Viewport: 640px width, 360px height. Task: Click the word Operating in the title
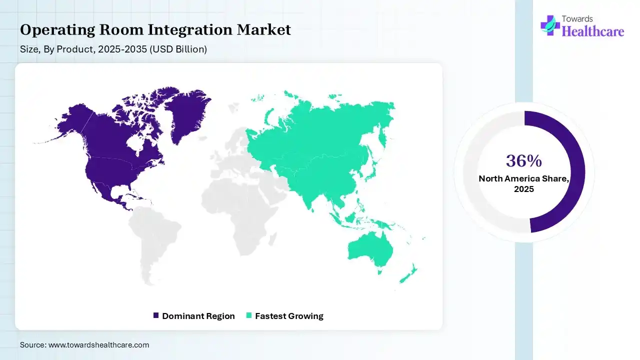(x=57, y=30)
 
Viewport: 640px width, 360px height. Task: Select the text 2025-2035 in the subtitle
(x=122, y=49)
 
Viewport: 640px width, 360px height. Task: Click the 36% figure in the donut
(x=523, y=161)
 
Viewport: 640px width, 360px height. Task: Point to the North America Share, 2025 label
(x=523, y=183)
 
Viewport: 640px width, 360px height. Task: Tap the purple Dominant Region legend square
(x=155, y=315)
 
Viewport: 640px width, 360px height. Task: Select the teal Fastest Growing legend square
(x=249, y=315)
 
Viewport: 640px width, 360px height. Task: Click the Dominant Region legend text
(x=198, y=316)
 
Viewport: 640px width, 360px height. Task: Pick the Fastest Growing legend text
(x=289, y=316)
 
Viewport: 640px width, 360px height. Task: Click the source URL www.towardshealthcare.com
(x=99, y=345)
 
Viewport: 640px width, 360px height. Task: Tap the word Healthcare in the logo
(x=593, y=31)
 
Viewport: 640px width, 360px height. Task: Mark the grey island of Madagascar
(x=272, y=239)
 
